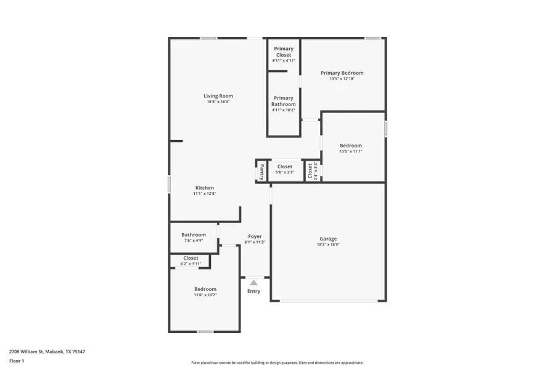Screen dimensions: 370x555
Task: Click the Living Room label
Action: coord(218,96)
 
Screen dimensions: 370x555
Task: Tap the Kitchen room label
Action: coord(205,187)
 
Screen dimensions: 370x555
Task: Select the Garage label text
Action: coord(328,239)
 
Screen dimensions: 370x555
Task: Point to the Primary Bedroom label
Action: coord(342,73)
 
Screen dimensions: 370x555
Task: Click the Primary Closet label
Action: coord(284,52)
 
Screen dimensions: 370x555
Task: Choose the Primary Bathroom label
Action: coord(284,101)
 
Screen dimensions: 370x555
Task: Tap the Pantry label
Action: coord(262,171)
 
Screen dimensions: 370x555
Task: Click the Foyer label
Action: coord(255,236)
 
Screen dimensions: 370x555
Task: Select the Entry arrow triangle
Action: coord(253,282)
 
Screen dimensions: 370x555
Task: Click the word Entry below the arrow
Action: coord(253,291)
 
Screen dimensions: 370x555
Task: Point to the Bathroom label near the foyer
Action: coord(193,234)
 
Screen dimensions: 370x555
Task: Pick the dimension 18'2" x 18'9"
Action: coord(328,245)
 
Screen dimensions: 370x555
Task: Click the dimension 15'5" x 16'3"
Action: coord(218,102)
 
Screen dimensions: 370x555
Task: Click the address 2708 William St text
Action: coord(47,351)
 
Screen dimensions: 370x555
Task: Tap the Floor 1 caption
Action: coord(17,361)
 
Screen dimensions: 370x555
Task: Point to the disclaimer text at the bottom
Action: coord(277,363)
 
